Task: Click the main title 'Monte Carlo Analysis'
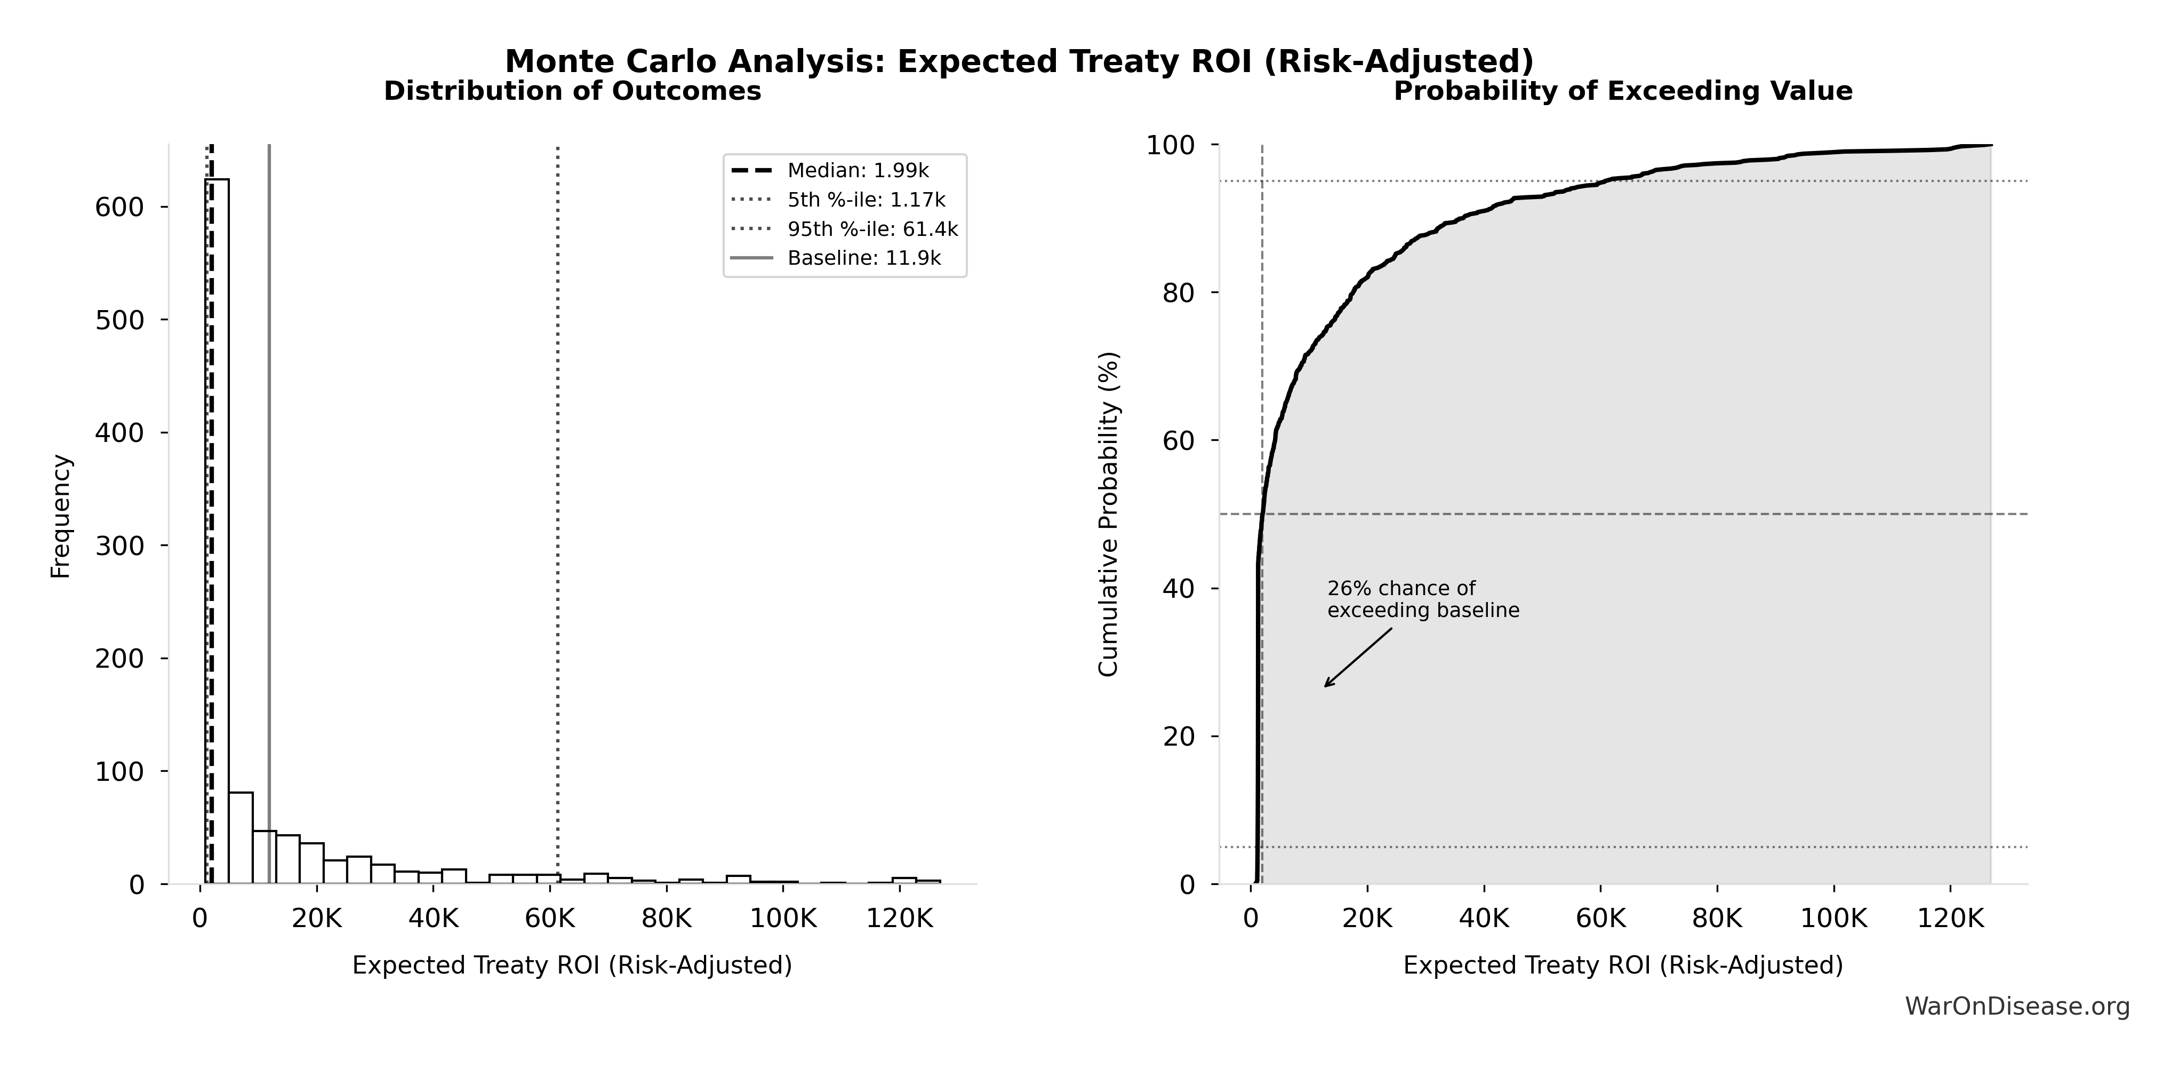(1019, 62)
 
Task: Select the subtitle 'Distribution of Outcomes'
(573, 91)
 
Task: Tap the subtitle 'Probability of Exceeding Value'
(1622, 91)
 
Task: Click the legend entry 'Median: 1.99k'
(857, 171)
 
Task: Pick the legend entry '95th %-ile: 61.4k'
(872, 230)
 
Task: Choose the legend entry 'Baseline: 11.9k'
(863, 258)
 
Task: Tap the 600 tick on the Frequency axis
(118, 207)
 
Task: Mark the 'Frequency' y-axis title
(61, 516)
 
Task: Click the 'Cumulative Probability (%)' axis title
(1108, 515)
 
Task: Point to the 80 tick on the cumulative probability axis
(1179, 293)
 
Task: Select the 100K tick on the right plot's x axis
(1833, 919)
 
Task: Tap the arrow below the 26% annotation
(1358, 658)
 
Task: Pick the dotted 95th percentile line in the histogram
(557, 508)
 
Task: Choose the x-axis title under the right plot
(1622, 966)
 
